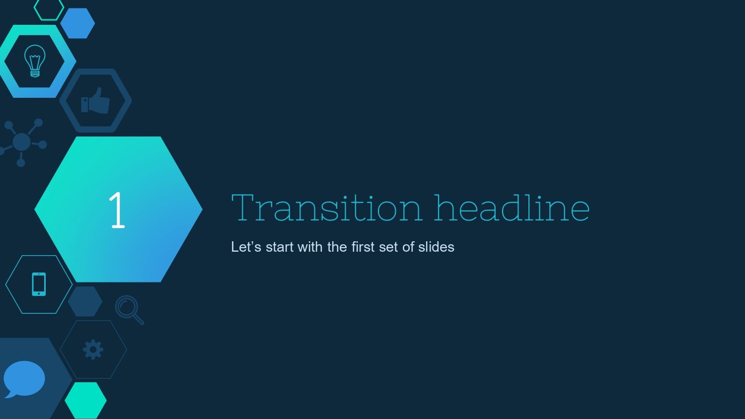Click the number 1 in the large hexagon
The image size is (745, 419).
pos(117,210)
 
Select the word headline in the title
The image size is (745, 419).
pos(512,208)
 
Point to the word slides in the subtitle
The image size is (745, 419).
pos(436,247)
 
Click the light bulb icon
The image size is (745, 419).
pos(35,61)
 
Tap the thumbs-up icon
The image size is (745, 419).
pos(95,100)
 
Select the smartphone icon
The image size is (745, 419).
pos(39,284)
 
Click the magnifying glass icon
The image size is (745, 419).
pos(129,309)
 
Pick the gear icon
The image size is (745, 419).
pos(93,349)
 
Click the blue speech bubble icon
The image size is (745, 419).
pos(24,379)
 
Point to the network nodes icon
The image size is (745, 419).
pos(22,142)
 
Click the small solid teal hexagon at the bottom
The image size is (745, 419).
pos(85,400)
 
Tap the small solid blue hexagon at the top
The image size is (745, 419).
pos(77,23)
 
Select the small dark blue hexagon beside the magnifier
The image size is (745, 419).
pos(85,301)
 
